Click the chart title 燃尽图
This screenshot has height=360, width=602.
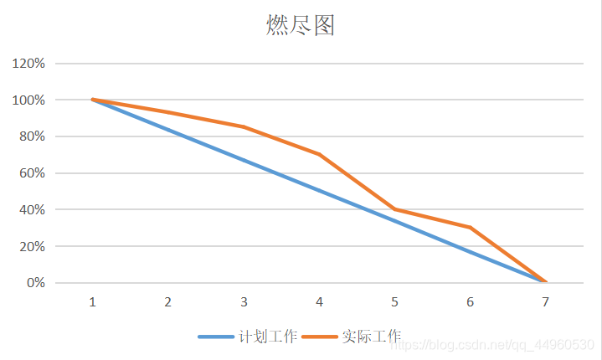(x=301, y=26)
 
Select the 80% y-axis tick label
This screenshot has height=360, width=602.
(x=31, y=136)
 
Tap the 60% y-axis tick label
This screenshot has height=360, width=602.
(x=31, y=173)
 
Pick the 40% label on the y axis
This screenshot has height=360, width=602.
(x=31, y=209)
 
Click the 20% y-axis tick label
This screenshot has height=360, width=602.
(x=31, y=246)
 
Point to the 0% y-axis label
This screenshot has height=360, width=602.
(x=34, y=283)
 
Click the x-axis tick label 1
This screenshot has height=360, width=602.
(x=92, y=302)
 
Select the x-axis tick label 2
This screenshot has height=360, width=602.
(x=167, y=302)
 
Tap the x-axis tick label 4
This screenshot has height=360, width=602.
(x=319, y=302)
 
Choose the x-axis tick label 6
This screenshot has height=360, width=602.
(x=471, y=302)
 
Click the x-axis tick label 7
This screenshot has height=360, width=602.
(x=546, y=302)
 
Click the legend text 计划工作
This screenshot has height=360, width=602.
(x=268, y=337)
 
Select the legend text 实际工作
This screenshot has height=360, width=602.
(x=371, y=337)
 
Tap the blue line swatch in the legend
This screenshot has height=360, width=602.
(x=216, y=337)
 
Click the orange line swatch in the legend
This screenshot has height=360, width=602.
(x=320, y=337)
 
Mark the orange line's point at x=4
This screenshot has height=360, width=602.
(x=319, y=154)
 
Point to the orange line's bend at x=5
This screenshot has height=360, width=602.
(x=394, y=209)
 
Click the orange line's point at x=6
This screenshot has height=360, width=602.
(x=471, y=227)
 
